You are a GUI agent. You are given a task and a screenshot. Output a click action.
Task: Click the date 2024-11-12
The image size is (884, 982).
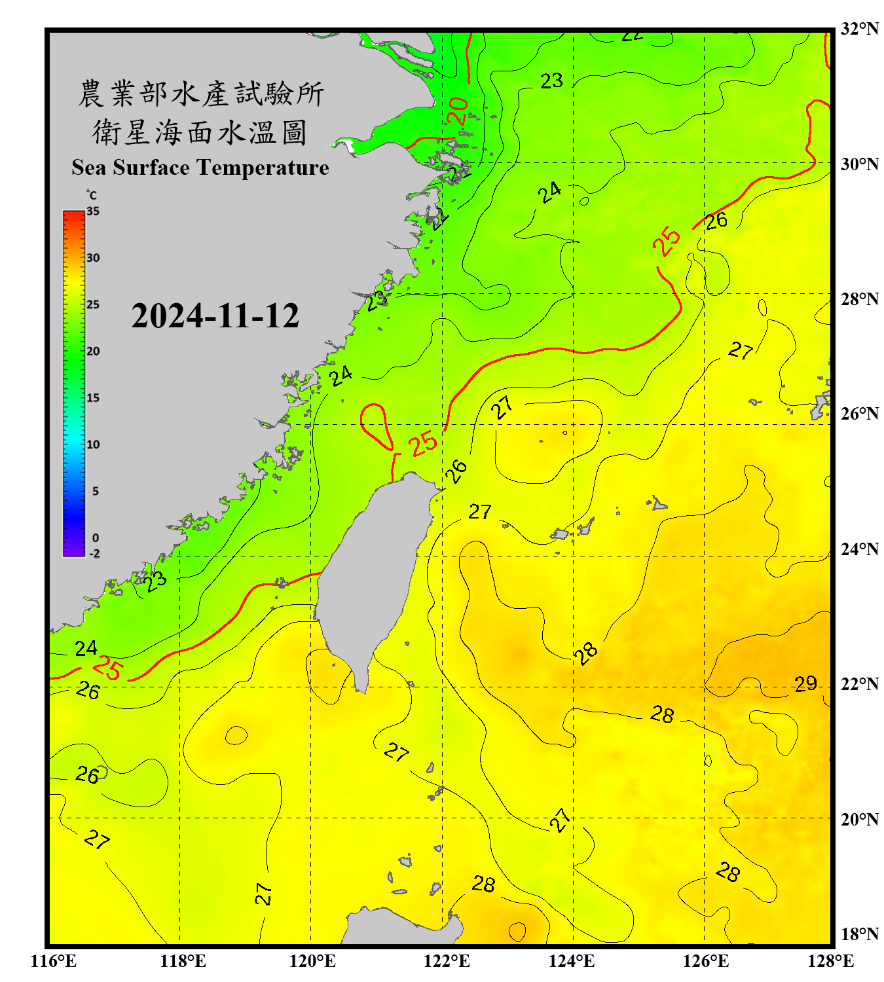(215, 316)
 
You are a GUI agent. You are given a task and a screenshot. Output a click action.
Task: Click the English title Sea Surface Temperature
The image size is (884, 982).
(200, 168)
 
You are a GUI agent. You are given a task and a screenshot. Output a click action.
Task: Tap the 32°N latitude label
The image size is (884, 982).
(860, 29)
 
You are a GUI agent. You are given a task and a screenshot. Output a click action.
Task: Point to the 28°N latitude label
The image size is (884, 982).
(860, 299)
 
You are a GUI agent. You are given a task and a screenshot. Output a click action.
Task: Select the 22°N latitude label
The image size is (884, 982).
(860, 684)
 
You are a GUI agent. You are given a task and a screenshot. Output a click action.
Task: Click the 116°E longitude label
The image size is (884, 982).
(54, 961)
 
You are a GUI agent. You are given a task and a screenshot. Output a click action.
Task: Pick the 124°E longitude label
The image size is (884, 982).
(572, 961)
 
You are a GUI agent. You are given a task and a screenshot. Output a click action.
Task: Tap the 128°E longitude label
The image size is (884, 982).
(830, 961)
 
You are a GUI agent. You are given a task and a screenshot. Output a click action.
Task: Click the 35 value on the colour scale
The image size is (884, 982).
(93, 211)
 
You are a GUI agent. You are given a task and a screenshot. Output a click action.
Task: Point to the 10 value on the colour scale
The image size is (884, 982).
(93, 445)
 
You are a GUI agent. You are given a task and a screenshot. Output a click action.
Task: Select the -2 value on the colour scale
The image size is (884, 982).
(94, 553)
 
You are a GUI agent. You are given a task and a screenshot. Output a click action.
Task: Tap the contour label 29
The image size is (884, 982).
(805, 684)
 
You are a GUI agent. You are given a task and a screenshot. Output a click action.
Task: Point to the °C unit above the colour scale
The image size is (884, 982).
(92, 195)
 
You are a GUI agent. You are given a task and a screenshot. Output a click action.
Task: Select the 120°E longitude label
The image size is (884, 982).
(312, 961)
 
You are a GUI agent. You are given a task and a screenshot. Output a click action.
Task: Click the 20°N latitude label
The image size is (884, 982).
(860, 819)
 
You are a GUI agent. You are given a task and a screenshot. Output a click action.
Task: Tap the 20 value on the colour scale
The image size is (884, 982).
(93, 351)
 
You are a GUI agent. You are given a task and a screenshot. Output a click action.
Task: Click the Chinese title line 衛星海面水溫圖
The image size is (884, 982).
(200, 133)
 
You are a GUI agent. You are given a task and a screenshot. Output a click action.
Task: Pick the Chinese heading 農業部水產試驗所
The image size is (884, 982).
(201, 94)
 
